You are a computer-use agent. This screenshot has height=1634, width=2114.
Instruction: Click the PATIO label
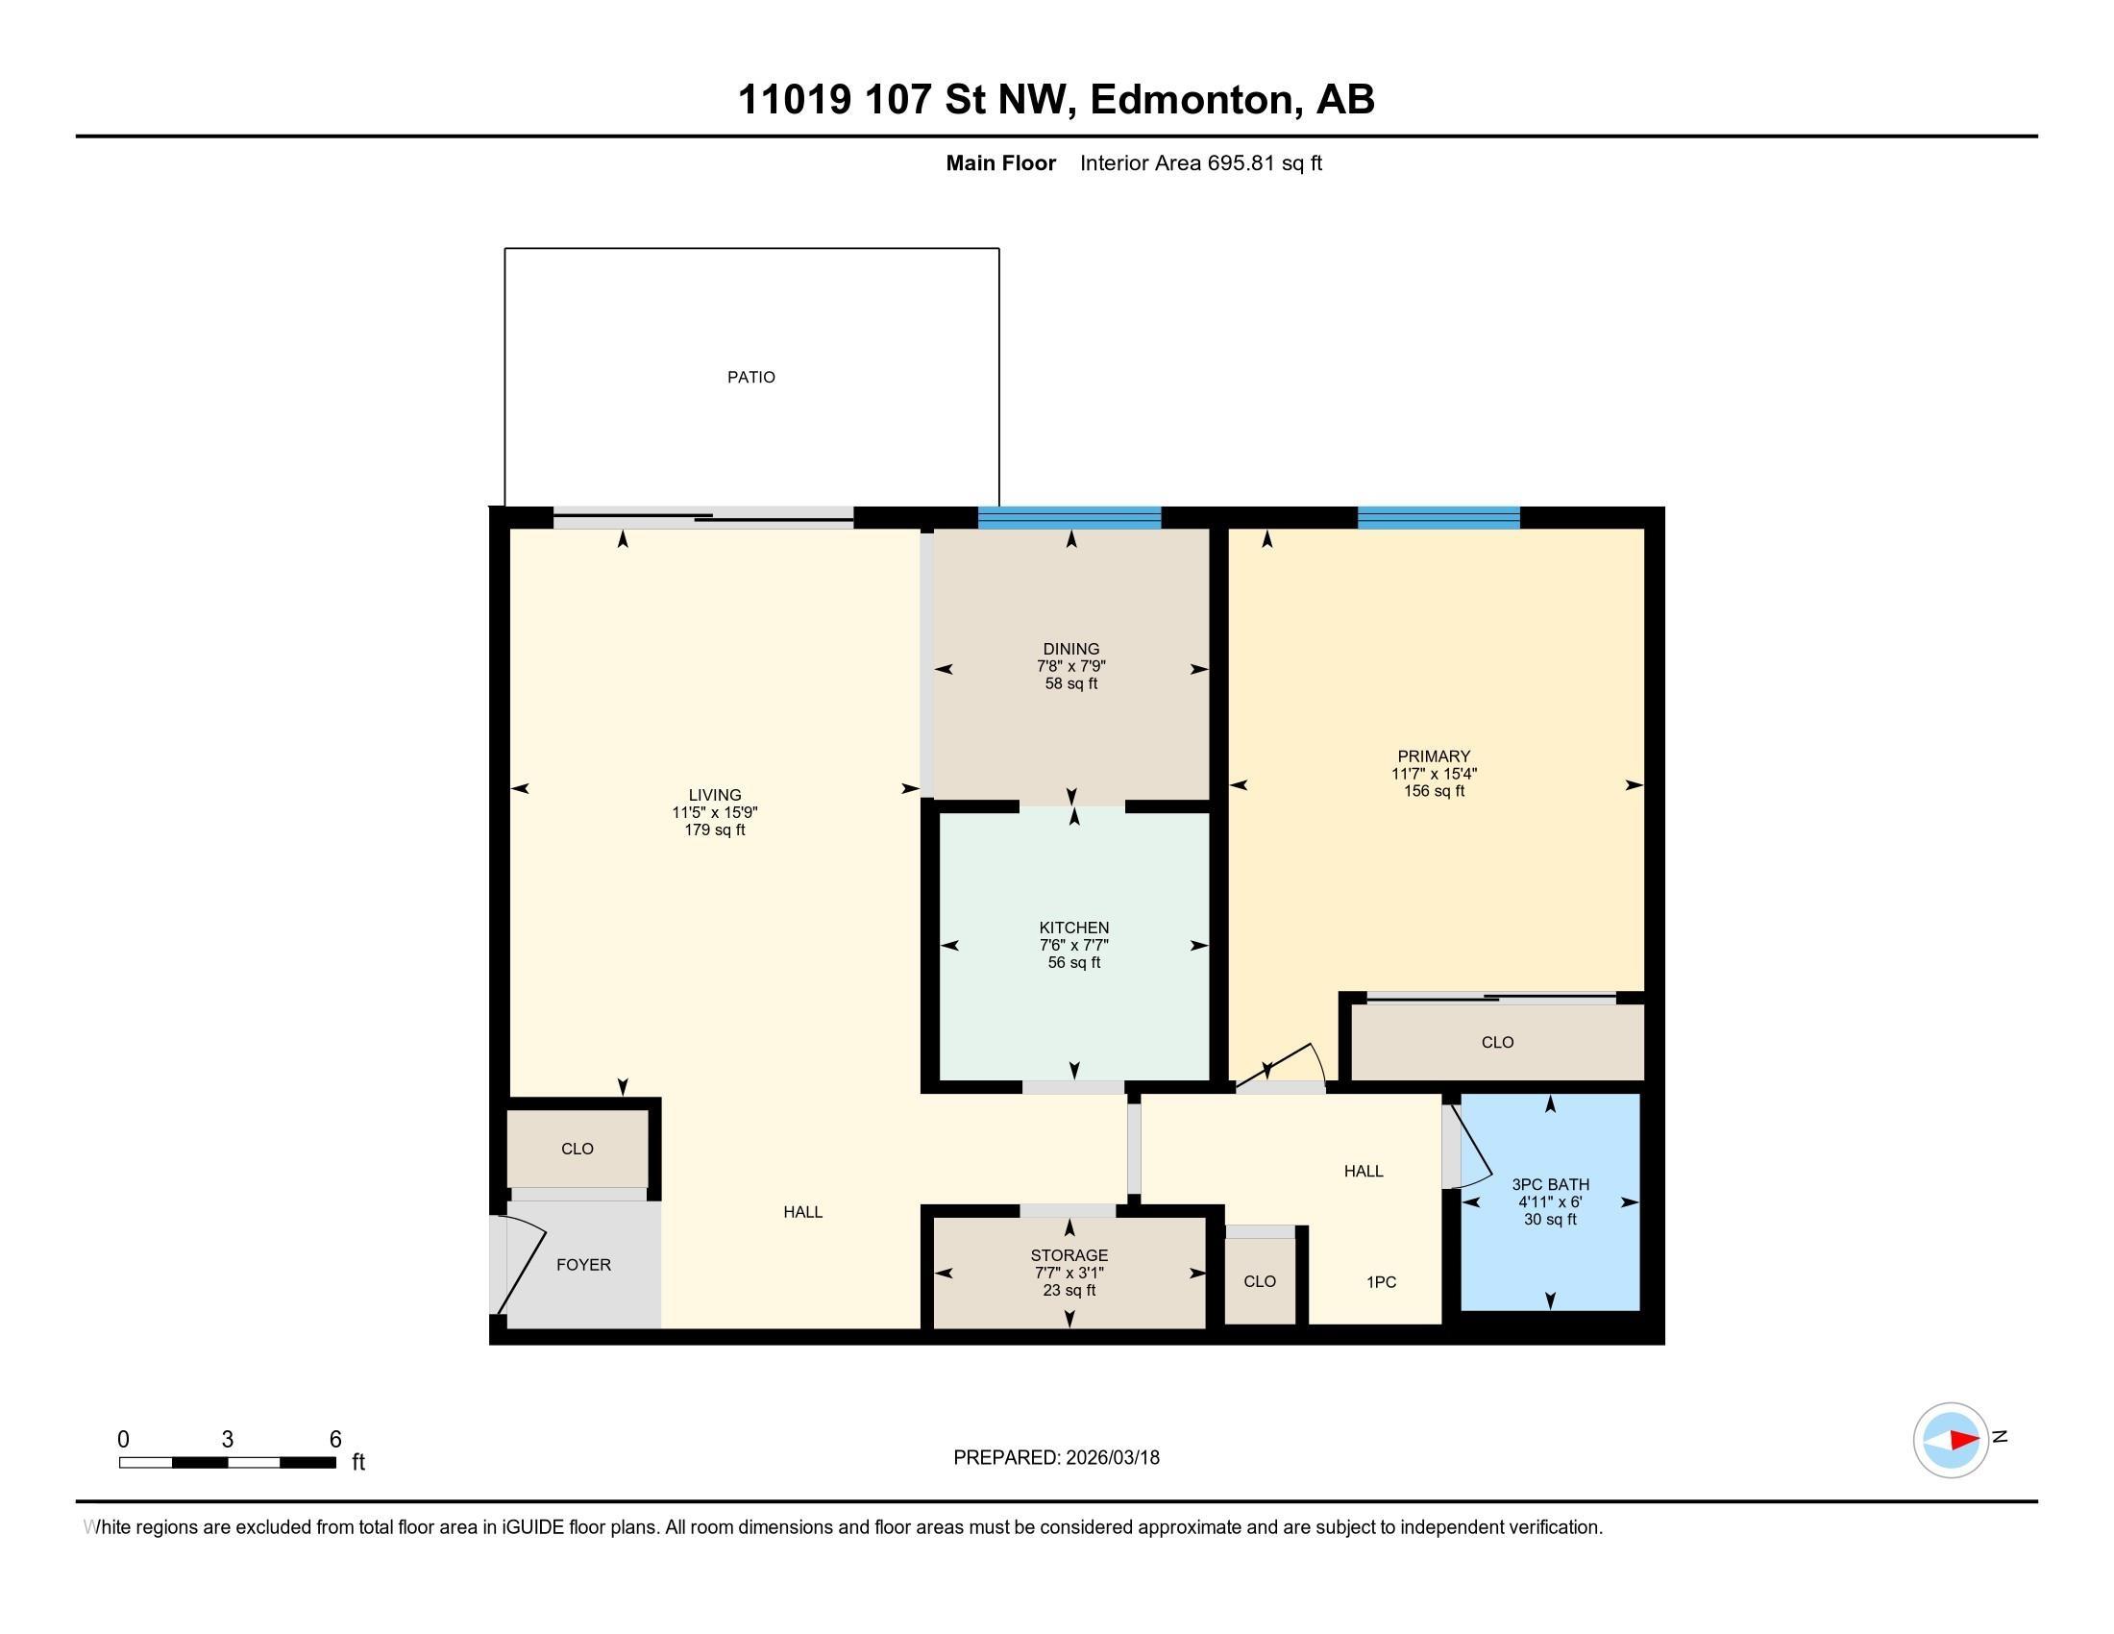[x=751, y=378]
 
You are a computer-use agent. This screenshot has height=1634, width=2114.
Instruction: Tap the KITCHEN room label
[x=1073, y=928]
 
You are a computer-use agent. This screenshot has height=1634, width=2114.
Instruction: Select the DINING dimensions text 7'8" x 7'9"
[x=1070, y=666]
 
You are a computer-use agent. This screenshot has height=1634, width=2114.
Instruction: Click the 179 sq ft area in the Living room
[x=714, y=829]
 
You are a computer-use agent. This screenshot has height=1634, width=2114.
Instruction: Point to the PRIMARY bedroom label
[x=1434, y=756]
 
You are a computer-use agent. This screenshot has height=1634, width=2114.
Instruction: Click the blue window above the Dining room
[x=1069, y=518]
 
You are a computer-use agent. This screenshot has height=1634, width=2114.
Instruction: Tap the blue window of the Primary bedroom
[x=1438, y=518]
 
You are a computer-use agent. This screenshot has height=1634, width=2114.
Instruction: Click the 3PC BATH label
[x=1550, y=1184]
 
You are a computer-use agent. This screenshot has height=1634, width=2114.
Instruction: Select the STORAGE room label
[x=1069, y=1255]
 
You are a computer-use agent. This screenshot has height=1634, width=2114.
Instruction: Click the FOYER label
[x=582, y=1264]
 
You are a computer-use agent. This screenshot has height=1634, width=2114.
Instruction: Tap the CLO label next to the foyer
[x=577, y=1149]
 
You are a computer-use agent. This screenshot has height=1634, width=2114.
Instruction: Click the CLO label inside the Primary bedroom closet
[x=1496, y=1043]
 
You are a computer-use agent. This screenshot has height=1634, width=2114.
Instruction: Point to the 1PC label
[x=1380, y=1281]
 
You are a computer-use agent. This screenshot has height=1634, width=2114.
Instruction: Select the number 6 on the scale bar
[x=335, y=1440]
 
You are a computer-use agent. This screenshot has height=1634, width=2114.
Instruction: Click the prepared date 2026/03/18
[x=1112, y=1458]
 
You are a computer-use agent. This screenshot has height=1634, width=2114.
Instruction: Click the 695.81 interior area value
[x=1241, y=163]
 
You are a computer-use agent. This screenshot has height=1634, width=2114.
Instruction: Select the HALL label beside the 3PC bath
[x=1363, y=1172]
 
